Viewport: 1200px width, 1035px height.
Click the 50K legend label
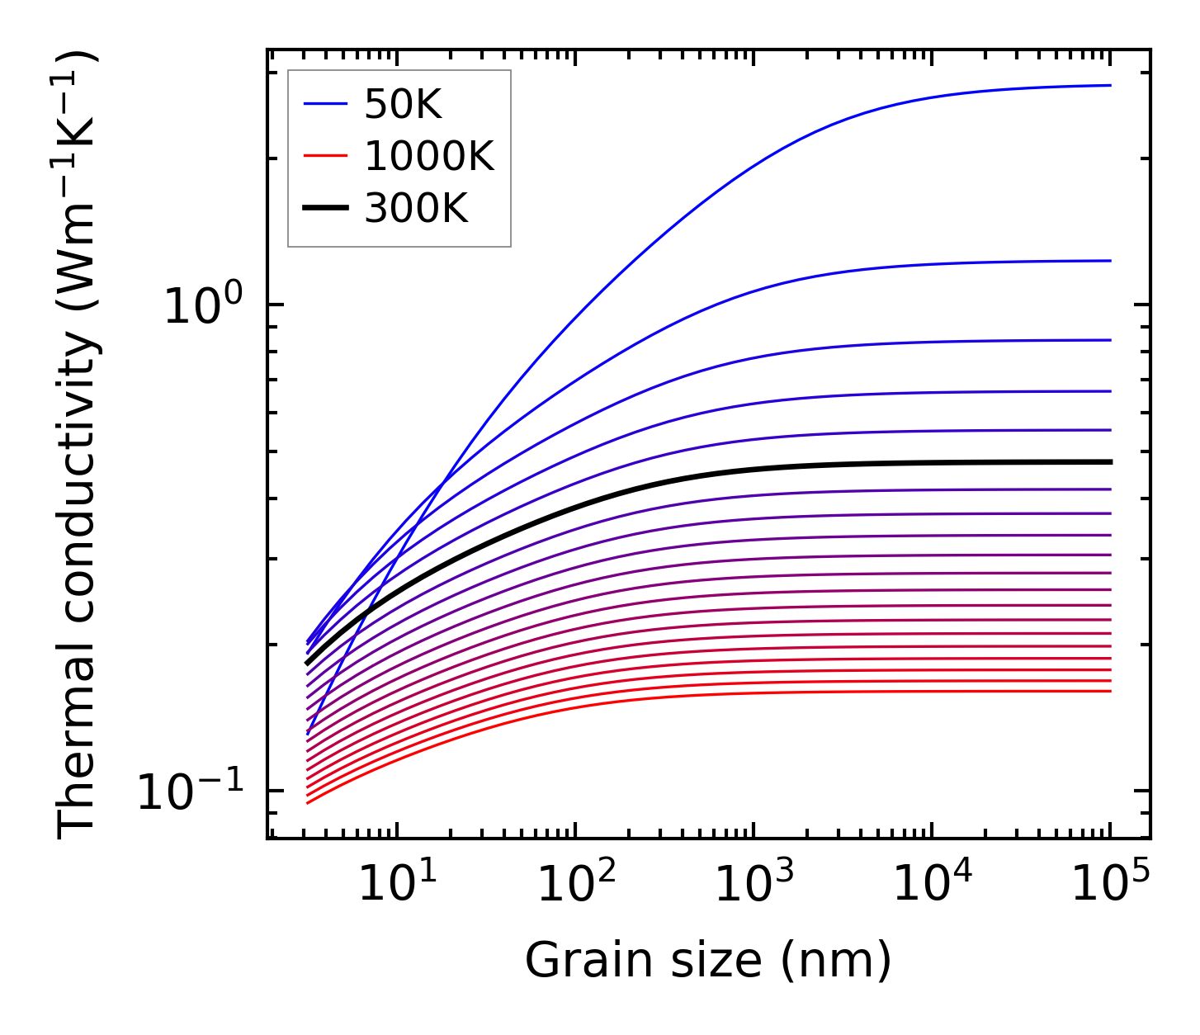pos(403,105)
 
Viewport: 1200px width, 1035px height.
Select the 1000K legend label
pos(428,157)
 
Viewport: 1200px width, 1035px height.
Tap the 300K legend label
pos(416,209)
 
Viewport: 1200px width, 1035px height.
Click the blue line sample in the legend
pos(326,105)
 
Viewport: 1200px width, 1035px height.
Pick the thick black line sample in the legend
pos(326,209)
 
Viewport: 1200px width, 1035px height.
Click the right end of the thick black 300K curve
pos(1110,462)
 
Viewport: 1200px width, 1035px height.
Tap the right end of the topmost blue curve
pos(1110,85)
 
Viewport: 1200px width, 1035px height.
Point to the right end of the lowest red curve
pos(1110,691)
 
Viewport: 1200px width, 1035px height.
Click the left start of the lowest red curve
pos(307,803)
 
